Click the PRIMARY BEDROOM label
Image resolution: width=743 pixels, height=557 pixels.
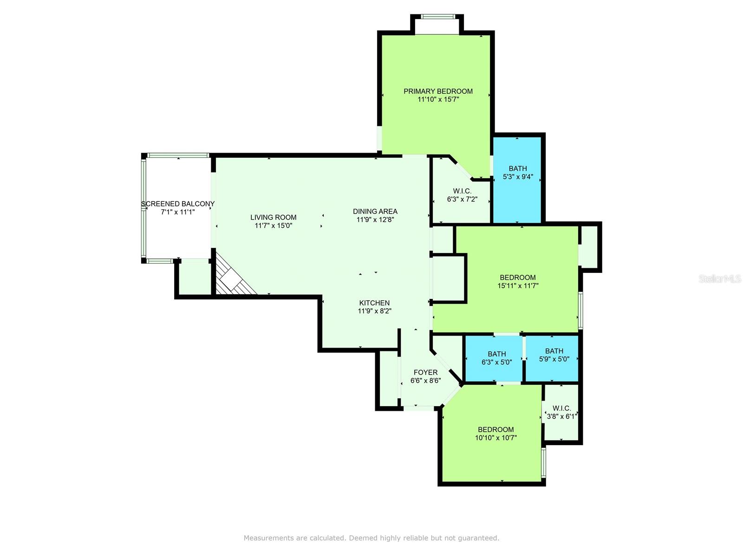(438, 91)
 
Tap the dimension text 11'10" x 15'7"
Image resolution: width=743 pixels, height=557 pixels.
(438, 99)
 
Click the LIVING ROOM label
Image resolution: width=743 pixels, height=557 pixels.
(273, 217)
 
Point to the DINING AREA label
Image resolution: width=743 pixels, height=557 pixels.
(375, 211)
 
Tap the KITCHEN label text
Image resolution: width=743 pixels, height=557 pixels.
(374, 303)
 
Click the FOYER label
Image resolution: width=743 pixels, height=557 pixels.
(425, 372)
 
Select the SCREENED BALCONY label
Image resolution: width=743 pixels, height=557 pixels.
(177, 204)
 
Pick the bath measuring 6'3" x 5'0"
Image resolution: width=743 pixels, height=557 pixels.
(496, 358)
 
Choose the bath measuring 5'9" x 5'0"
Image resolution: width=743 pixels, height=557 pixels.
(554, 355)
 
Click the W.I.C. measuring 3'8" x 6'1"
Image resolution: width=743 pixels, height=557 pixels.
(561, 412)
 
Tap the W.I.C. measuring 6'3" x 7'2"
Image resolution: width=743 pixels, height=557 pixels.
(462, 195)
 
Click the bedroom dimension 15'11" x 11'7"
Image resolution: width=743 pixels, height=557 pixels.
(517, 286)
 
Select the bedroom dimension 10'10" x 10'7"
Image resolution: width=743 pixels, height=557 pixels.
(495, 438)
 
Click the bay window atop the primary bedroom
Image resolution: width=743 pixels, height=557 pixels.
(437, 17)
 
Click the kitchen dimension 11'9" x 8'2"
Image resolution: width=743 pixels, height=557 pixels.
(374, 311)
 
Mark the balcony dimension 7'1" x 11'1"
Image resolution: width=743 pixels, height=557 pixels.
(177, 212)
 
